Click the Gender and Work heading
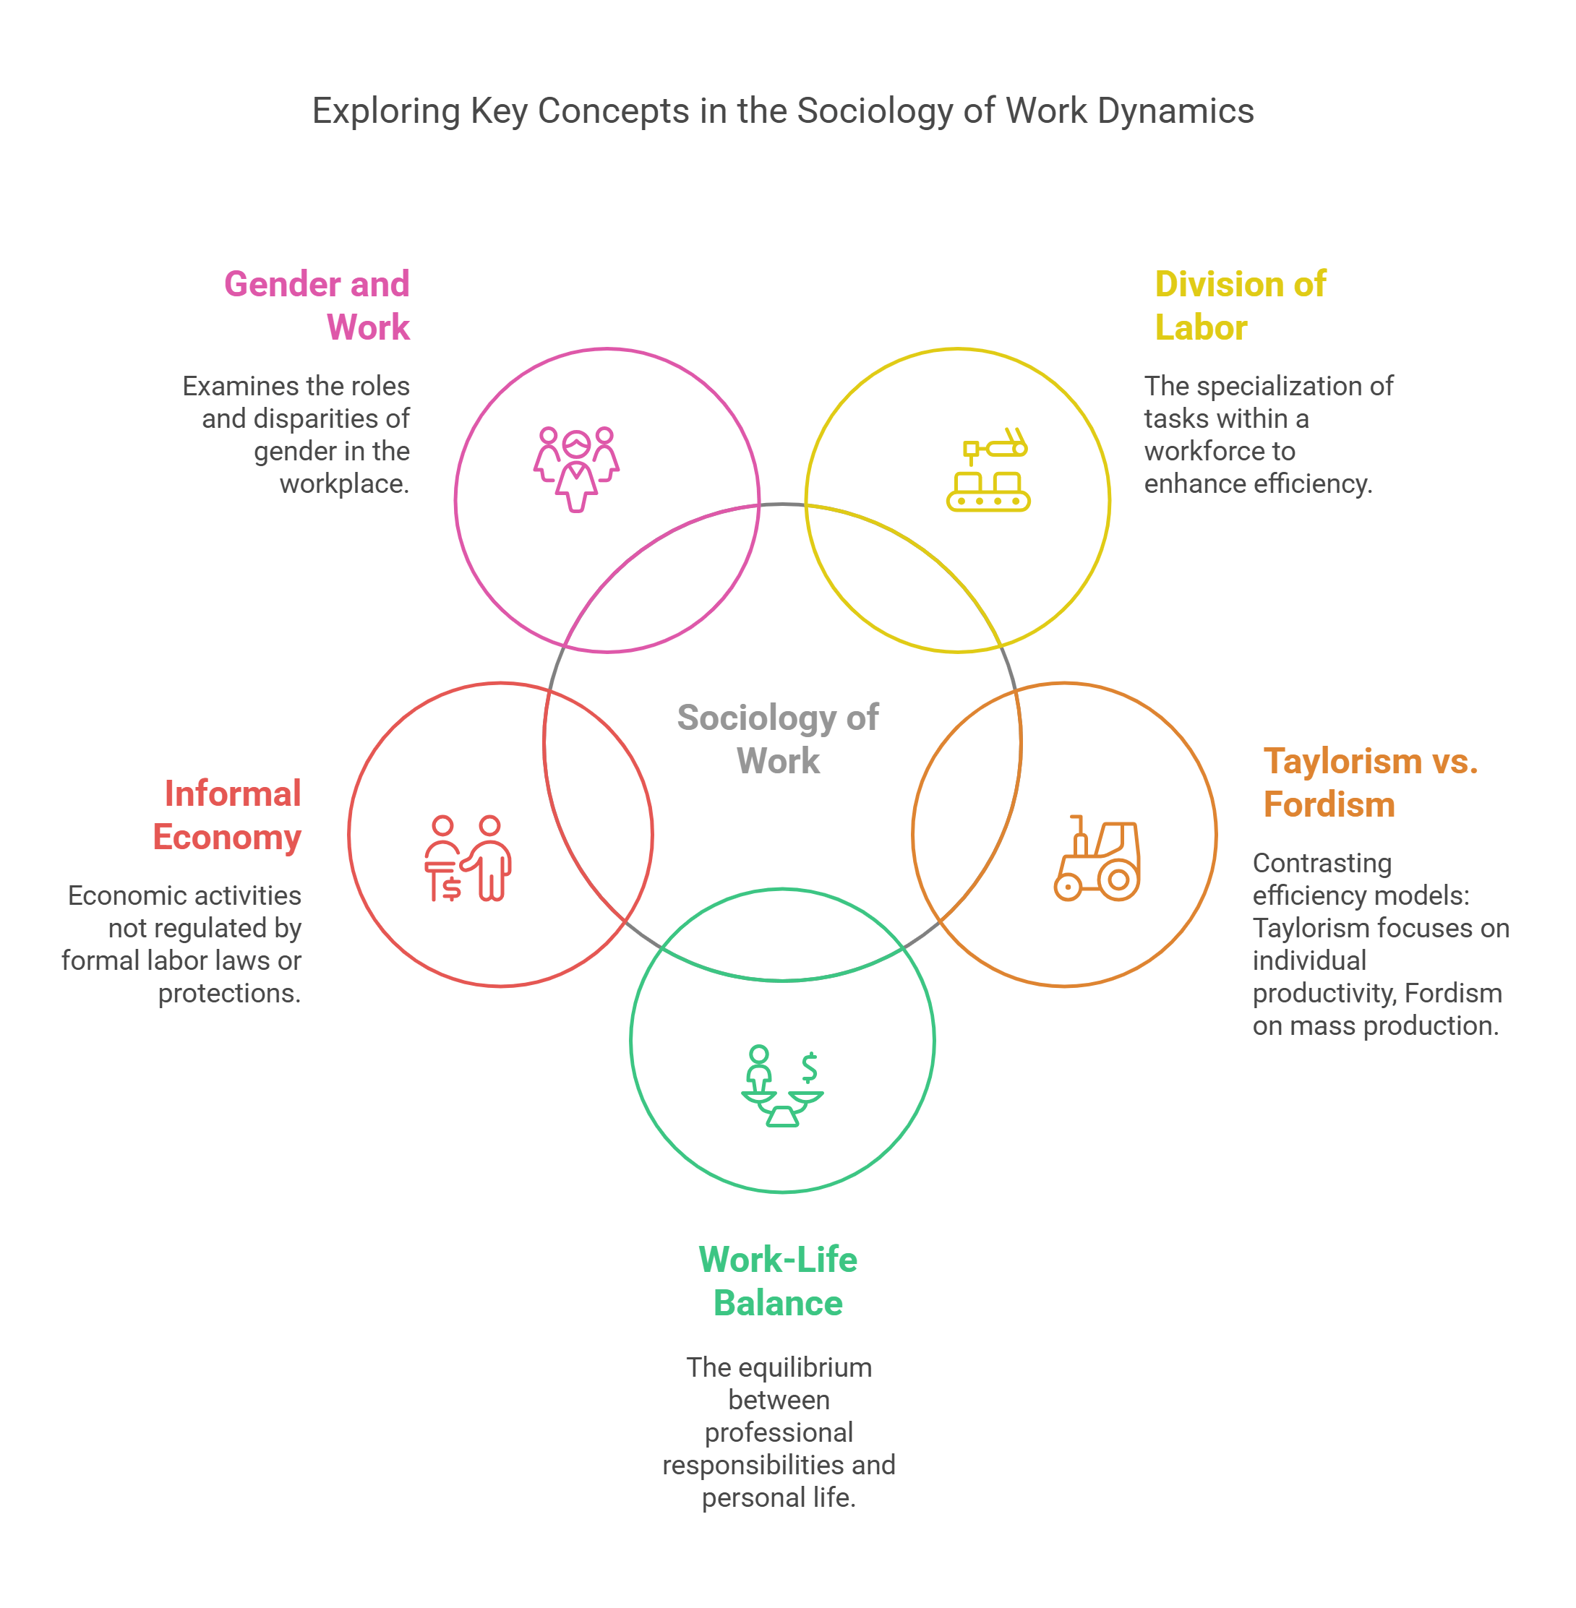point(317,306)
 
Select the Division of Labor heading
point(1239,306)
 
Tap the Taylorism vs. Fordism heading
point(1369,782)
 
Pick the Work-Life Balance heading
point(777,1281)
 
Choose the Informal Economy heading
point(228,815)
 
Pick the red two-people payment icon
point(468,859)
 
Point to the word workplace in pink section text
point(343,484)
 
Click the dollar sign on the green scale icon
point(810,1067)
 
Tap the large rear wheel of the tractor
point(1118,880)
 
